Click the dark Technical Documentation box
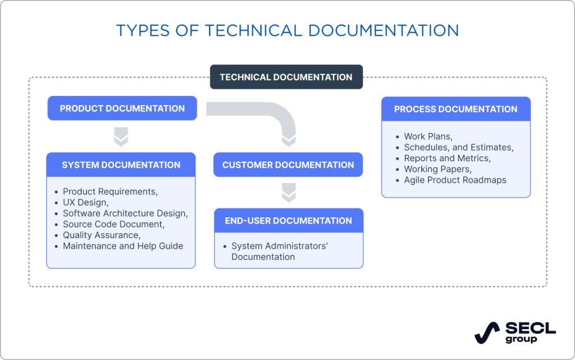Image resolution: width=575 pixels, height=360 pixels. (286, 78)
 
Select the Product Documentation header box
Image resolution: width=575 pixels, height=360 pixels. (122, 108)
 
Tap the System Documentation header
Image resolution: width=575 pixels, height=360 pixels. (121, 165)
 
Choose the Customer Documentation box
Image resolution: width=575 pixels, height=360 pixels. (288, 165)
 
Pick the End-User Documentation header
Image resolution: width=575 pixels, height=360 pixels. (288, 221)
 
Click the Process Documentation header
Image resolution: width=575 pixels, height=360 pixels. (455, 109)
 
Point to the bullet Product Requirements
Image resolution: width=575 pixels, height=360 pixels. (110, 192)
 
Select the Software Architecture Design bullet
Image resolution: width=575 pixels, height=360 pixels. (125, 213)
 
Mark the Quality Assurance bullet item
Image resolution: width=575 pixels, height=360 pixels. (102, 235)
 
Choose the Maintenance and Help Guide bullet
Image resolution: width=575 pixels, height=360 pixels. (123, 246)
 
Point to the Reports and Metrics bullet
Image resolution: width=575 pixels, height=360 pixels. (447, 158)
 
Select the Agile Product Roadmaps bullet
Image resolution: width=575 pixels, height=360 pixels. (455, 180)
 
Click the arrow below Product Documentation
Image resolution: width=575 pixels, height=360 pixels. (121, 136)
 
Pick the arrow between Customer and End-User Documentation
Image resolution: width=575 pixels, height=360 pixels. (288, 193)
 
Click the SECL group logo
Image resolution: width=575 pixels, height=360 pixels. (514, 332)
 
